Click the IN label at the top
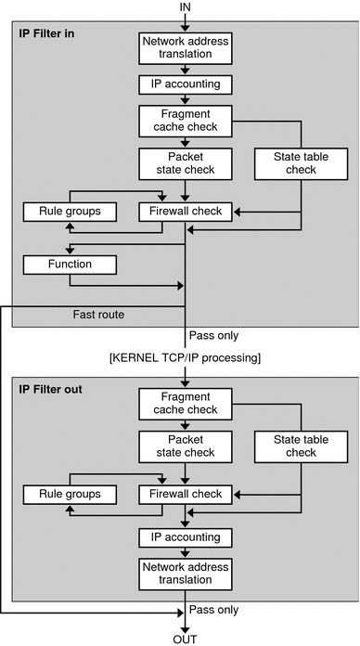coord(186,6)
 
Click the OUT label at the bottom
coord(186,638)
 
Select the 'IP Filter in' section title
coord(49,33)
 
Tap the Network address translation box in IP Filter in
coord(186,48)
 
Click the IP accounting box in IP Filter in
coord(186,84)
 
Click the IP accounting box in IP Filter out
coord(186,537)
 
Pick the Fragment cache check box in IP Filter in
coord(186,120)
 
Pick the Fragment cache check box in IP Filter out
coord(186,404)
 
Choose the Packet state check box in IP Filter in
coord(186,163)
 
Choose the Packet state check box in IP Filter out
coord(186,446)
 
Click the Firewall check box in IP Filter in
coord(186,212)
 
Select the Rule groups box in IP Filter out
coord(71,494)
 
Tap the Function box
coord(71,265)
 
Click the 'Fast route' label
coord(98,315)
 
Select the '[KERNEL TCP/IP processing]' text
coord(186,356)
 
